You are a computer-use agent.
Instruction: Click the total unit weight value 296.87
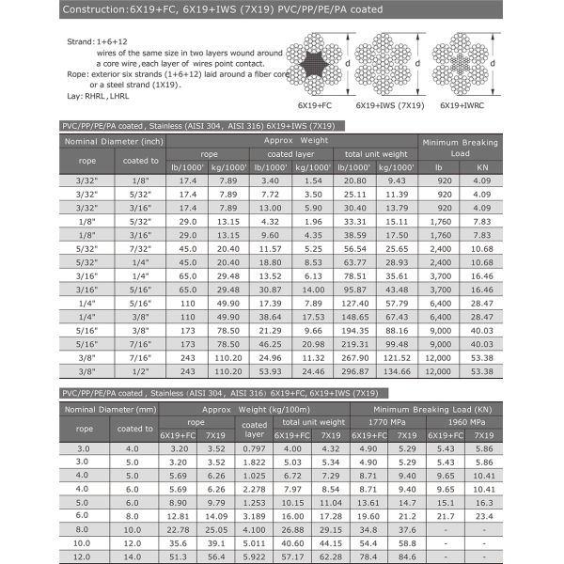click(x=356, y=371)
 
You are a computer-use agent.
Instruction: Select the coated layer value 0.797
click(x=254, y=448)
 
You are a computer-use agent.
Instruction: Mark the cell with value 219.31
click(x=356, y=345)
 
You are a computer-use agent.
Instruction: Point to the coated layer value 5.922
click(x=254, y=556)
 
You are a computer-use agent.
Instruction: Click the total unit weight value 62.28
click(x=331, y=556)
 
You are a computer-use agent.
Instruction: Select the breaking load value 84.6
click(x=406, y=556)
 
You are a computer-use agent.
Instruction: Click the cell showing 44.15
click(x=331, y=542)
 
